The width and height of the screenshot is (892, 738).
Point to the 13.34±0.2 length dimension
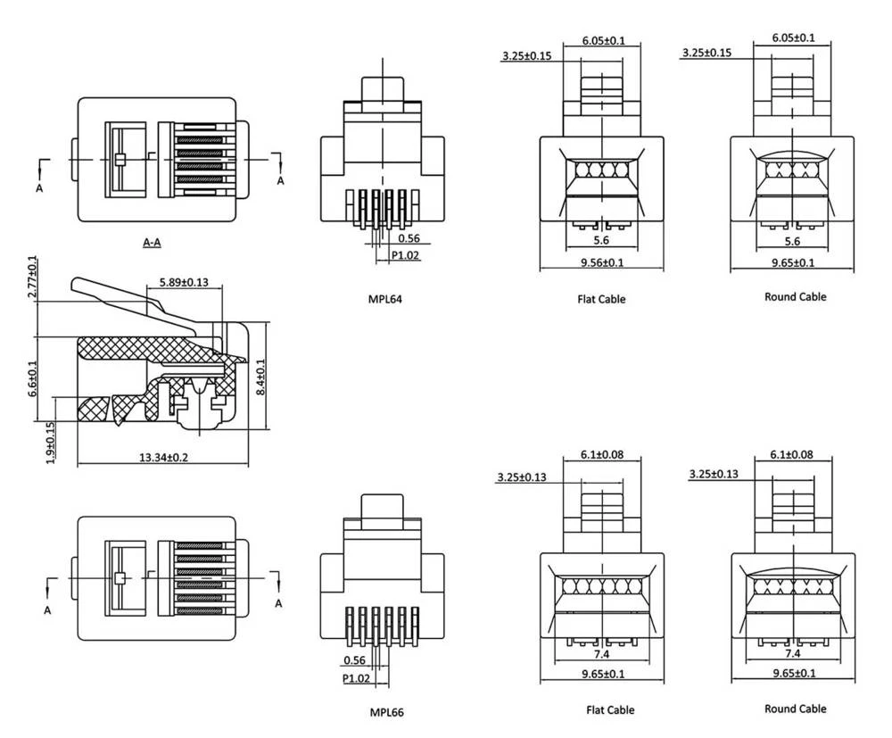tap(162, 457)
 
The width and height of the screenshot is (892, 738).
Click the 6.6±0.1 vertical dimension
tap(33, 378)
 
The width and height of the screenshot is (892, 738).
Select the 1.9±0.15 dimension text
tap(51, 443)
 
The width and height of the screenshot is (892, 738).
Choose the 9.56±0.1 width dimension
tap(602, 262)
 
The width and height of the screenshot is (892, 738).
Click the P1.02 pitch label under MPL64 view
tap(406, 255)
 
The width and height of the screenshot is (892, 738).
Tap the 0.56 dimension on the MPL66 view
tap(353, 660)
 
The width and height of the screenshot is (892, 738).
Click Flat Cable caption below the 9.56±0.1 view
tap(600, 299)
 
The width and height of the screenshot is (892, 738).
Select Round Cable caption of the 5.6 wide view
tap(795, 296)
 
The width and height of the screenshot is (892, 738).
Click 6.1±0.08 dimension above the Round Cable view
tap(791, 455)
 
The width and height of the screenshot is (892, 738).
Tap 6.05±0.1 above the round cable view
tap(793, 37)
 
